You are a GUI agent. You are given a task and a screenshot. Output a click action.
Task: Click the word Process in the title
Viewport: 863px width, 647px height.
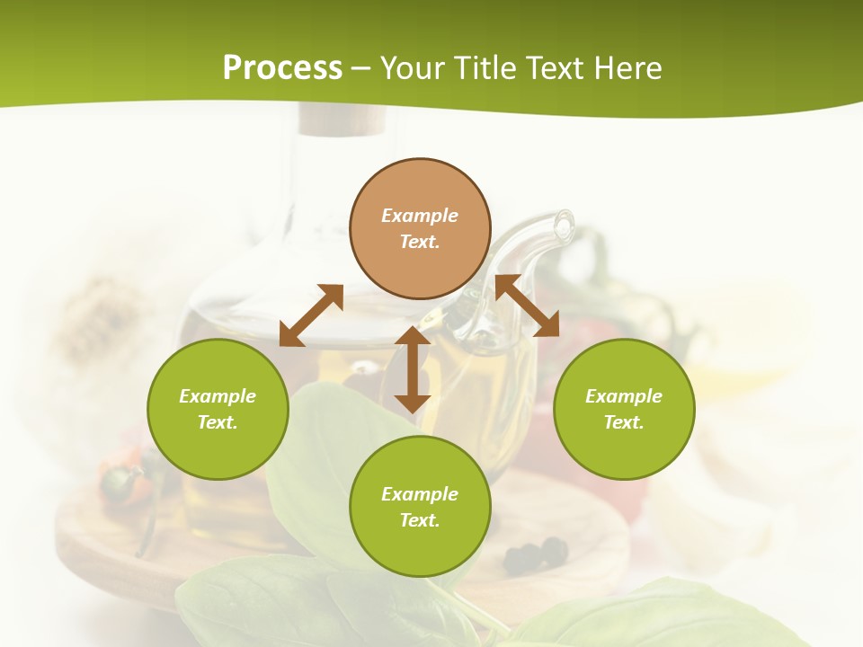282,68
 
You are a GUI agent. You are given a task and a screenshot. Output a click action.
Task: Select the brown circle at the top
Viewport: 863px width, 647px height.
420,261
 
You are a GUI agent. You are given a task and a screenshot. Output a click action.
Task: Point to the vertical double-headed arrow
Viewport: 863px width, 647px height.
413,369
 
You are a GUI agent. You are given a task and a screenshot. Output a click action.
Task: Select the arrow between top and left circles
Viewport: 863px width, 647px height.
311,315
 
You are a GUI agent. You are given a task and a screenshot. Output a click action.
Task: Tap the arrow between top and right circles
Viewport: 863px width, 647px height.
528,306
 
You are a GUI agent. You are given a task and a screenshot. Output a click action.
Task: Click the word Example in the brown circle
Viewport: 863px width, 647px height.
420,216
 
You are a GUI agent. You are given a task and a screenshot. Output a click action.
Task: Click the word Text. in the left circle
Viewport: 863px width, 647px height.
218,422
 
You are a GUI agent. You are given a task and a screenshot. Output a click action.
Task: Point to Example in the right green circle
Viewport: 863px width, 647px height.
624,396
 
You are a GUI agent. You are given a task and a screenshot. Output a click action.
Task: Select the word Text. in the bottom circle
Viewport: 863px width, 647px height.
420,520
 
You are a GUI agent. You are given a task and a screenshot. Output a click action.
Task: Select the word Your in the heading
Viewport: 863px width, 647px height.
414,68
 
